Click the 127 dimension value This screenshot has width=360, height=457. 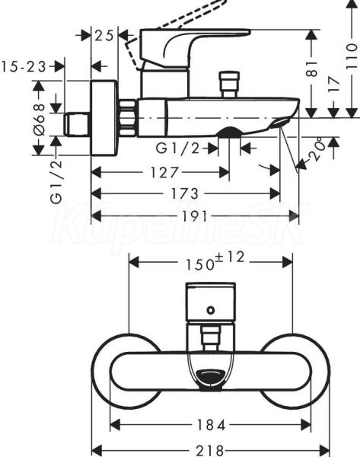164,172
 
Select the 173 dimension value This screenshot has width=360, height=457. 185,193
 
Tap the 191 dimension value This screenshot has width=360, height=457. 195,216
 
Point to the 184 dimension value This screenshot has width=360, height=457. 211,425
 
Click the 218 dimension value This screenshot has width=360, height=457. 210,450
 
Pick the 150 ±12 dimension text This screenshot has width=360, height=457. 215,260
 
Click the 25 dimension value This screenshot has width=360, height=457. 104,36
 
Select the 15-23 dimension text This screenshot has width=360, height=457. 24,67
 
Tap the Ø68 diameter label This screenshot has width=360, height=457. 40,120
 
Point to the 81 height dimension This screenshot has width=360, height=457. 312,69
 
